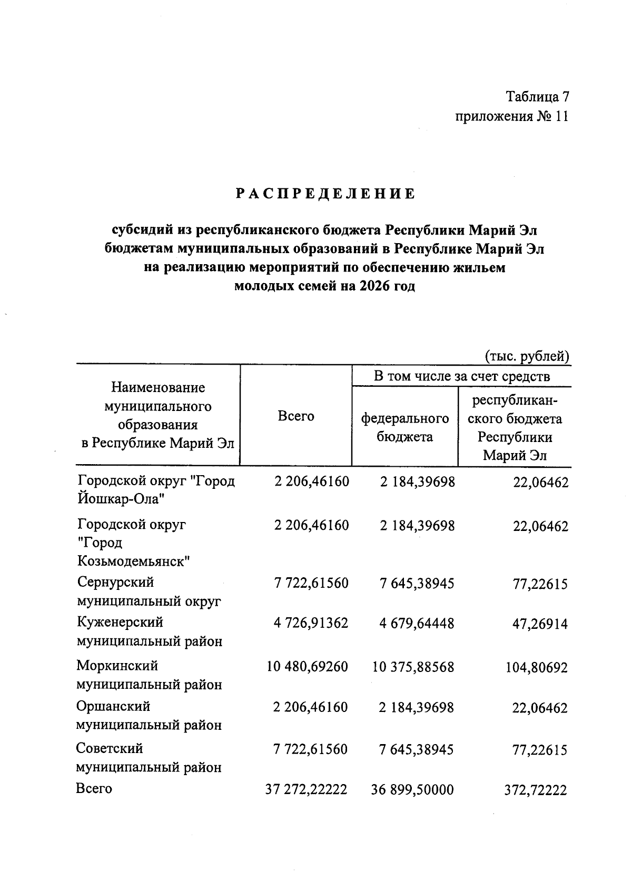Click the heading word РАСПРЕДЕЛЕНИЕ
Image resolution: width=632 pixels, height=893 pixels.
(x=325, y=194)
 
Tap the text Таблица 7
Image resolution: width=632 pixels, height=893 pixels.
(x=537, y=97)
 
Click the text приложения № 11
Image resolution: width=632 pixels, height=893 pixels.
(x=512, y=116)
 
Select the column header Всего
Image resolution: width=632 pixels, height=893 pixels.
(x=296, y=416)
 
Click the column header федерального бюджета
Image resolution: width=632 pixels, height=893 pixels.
(x=405, y=427)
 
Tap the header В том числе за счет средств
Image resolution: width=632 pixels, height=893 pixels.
(x=462, y=376)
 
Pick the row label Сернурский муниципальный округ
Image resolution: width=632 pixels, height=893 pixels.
(x=149, y=592)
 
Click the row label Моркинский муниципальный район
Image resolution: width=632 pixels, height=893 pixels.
(x=149, y=675)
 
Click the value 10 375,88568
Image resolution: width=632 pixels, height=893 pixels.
(x=413, y=667)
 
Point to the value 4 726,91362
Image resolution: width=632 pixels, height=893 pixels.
(x=311, y=624)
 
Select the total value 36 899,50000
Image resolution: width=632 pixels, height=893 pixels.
(x=412, y=789)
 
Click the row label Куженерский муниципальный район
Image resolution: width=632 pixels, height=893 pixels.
(x=149, y=632)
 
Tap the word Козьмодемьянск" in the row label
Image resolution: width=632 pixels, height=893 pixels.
(x=134, y=561)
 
